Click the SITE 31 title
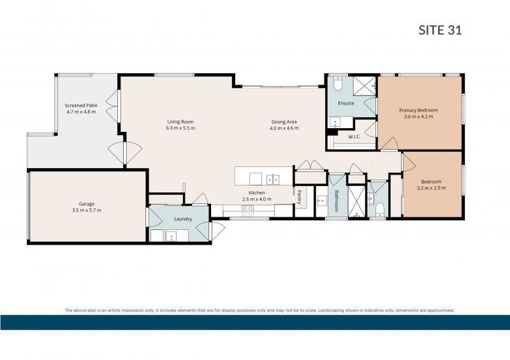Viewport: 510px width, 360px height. point(440,29)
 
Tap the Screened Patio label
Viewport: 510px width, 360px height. point(80,105)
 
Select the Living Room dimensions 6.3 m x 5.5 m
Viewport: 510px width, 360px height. point(180,128)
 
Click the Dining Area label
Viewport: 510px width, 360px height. point(284,122)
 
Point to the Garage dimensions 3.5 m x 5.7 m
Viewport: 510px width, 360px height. point(86,210)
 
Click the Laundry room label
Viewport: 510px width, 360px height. point(183,219)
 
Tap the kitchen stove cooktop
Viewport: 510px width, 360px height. point(247,211)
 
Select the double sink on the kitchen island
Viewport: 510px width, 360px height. point(273,178)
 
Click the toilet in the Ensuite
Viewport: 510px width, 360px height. point(339,83)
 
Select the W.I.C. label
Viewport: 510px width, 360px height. point(354,137)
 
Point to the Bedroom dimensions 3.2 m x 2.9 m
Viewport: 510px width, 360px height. point(432,188)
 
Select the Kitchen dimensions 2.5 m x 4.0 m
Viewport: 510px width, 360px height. point(257,199)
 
